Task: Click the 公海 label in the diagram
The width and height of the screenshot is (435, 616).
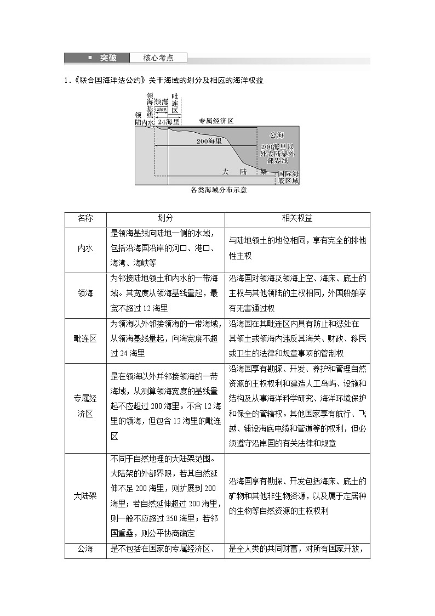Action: click(277, 134)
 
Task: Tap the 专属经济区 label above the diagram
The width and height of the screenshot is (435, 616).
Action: click(216, 121)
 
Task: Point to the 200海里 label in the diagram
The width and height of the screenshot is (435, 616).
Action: click(209, 141)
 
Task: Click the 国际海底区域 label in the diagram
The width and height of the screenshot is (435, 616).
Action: click(288, 177)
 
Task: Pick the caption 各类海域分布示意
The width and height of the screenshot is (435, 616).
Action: click(219, 190)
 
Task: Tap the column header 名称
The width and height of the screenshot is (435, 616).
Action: click(85, 218)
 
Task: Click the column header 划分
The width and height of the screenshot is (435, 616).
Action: click(165, 218)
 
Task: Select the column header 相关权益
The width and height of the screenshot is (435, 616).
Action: click(297, 218)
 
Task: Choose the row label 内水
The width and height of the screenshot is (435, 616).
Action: click(85, 248)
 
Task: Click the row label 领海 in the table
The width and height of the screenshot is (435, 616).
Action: click(85, 293)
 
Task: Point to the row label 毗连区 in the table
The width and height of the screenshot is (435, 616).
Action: click(85, 338)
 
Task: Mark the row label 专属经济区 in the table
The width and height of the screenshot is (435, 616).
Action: click(85, 406)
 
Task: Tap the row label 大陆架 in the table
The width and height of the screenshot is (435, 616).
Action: click(85, 496)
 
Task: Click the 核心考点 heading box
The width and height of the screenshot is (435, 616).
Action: click(158, 58)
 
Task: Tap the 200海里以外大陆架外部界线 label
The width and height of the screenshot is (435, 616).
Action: click(278, 154)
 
